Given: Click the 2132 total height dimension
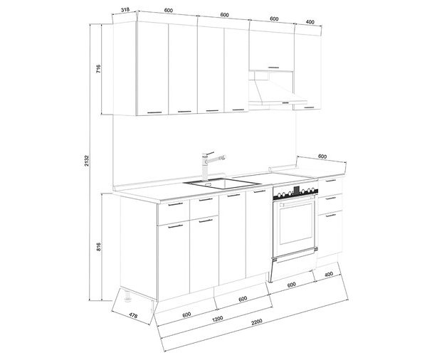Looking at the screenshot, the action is (x=86, y=161).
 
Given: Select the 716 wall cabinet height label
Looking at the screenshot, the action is (x=98, y=68).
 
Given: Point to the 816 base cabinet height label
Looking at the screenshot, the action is (x=99, y=246).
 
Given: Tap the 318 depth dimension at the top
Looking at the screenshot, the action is (x=125, y=10).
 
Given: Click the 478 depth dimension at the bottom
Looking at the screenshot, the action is (x=133, y=315).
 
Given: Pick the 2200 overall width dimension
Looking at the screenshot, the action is (x=256, y=322).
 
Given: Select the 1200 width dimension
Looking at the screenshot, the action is (x=217, y=318).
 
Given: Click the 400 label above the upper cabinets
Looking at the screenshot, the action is (x=310, y=22).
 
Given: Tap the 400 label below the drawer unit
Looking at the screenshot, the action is (x=329, y=274).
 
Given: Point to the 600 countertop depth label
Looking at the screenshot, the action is (x=322, y=157).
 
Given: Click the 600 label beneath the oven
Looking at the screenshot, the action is (x=291, y=285).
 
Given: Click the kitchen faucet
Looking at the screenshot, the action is (x=209, y=166).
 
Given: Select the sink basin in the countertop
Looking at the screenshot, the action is (x=222, y=184).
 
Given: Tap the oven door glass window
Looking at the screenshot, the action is (x=295, y=223).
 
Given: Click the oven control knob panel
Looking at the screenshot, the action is (x=295, y=194).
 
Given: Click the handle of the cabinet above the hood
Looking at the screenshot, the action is (x=274, y=68).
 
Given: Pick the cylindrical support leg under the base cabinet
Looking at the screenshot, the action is (x=127, y=296).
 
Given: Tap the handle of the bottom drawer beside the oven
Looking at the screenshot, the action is (x=331, y=216).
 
